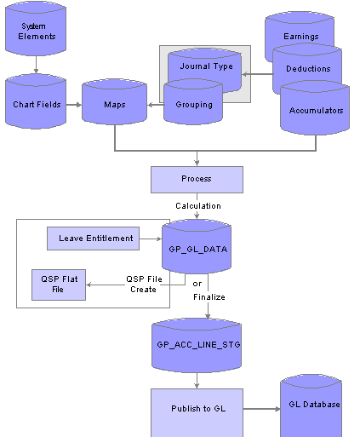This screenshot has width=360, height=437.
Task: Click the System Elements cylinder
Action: (36, 28)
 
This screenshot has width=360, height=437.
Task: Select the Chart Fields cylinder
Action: (36, 101)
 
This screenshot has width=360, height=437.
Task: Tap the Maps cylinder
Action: (114, 101)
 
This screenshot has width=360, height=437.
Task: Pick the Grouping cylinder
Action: (193, 102)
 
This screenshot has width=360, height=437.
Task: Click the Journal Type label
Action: (206, 66)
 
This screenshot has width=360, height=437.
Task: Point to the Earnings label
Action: (301, 37)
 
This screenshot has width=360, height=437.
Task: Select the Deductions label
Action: (308, 68)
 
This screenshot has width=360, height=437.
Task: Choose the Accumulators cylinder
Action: (315, 107)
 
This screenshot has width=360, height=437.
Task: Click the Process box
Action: (197, 180)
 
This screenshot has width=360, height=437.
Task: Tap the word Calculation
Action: (198, 205)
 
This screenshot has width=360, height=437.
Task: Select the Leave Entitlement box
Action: (93, 239)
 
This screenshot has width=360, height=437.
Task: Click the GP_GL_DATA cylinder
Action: (197, 246)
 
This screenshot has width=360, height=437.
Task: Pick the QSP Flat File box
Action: (59, 285)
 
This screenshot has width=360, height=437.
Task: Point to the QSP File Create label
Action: (144, 284)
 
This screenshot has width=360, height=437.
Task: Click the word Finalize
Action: (209, 297)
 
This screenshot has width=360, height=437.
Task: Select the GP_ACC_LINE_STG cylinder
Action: (197, 345)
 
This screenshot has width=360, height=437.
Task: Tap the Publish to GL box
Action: (197, 412)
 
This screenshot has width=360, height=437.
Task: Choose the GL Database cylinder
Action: (311, 405)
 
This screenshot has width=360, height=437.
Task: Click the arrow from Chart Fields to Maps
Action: (74, 105)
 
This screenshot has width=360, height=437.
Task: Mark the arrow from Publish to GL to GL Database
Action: (261, 409)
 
